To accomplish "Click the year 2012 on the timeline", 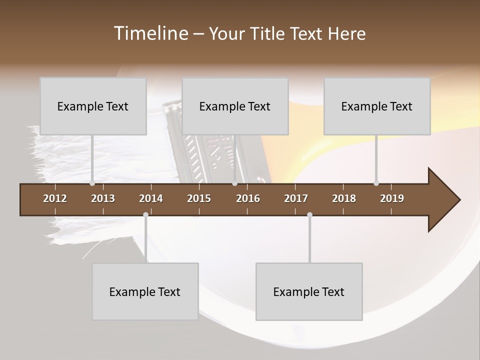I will tap(55, 198).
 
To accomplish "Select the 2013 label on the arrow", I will tap(103, 198).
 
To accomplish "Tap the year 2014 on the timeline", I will tap(151, 198).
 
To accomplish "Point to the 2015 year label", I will tap(199, 198).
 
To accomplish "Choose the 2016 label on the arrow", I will tap(248, 198).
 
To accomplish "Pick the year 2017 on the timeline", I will tap(296, 198).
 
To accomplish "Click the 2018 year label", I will tap(344, 198).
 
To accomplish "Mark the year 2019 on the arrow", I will tap(392, 198).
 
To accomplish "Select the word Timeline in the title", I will tap(150, 33).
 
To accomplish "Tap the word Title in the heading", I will tap(268, 34).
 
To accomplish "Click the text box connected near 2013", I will tap(93, 106).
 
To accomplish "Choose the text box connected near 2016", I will tap(235, 106).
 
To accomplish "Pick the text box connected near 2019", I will tap(377, 106).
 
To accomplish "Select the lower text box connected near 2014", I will tap(145, 291).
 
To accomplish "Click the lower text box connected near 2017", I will tap(309, 291).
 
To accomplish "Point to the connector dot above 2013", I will tap(92, 183).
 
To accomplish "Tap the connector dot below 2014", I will tap(145, 215).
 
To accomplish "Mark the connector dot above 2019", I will tap(376, 183).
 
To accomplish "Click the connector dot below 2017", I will tap(309, 215).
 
